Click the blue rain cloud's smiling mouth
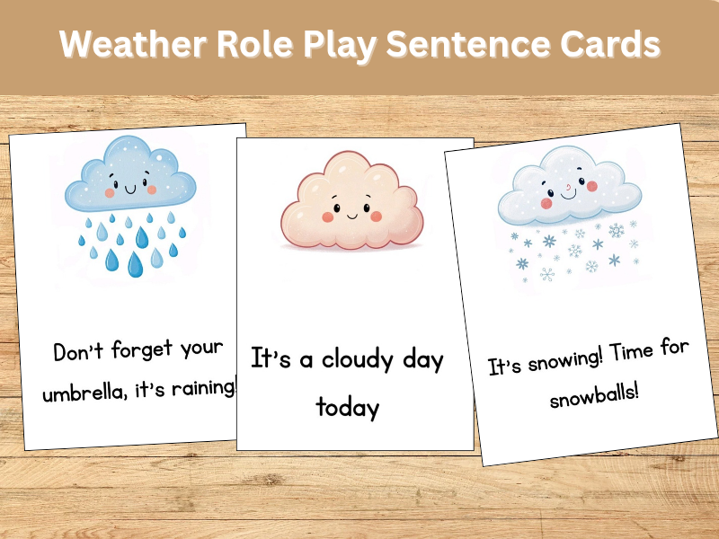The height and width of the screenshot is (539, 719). tap(129, 190)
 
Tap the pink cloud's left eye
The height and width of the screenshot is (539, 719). tap(329, 208)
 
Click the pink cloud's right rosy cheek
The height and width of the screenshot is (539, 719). tap(377, 216)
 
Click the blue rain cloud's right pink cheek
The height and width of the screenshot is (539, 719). tap(152, 190)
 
